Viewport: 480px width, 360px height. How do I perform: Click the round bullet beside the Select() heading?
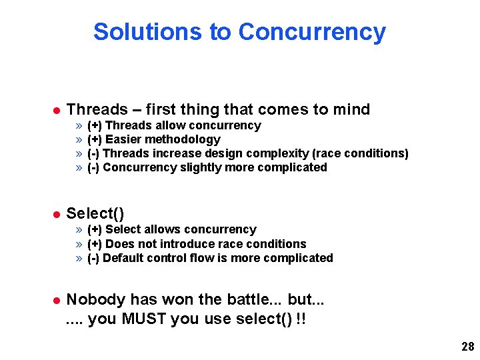click(x=56, y=214)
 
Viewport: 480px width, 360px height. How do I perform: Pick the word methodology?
click(x=184, y=139)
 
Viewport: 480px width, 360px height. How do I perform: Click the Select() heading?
click(x=95, y=213)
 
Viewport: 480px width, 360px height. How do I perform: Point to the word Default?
click(x=124, y=258)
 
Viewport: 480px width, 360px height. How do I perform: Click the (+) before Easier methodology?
click(x=95, y=139)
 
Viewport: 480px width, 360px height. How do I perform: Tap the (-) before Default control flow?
click(x=94, y=258)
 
